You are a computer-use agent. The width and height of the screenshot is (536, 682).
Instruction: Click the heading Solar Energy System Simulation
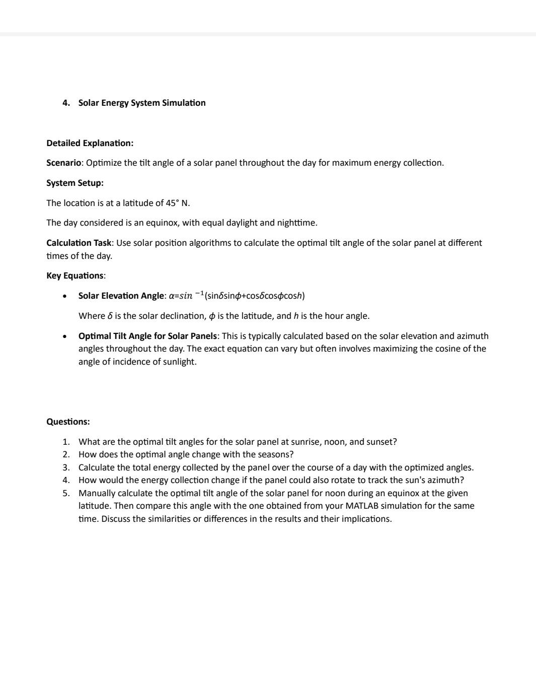point(141,103)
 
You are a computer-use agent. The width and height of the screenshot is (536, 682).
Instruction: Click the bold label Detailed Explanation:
point(90,143)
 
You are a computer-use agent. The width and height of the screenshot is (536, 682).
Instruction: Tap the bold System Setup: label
point(75,183)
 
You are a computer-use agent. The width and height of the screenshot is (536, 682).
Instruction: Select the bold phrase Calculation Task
point(79,243)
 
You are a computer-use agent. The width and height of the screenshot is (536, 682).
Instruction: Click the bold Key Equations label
point(75,276)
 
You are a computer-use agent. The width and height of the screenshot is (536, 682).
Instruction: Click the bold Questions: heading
point(68,422)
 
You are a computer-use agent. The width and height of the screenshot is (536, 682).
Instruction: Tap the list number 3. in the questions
point(66,467)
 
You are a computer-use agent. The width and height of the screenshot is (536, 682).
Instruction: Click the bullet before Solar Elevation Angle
point(65,296)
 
